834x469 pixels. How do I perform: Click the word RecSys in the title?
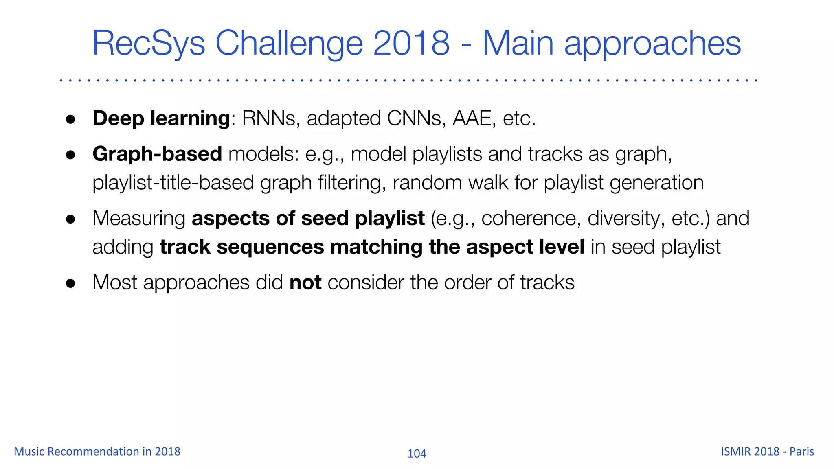[149, 44]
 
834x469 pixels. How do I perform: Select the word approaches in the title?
[652, 44]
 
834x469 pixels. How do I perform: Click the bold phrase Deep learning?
[161, 118]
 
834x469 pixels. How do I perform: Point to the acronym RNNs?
[268, 118]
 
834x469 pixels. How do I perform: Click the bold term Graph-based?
[157, 154]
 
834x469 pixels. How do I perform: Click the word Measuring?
[139, 218]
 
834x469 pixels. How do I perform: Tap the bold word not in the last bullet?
[305, 283]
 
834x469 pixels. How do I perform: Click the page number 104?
[417, 454]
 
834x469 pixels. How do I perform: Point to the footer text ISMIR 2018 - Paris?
[767, 451]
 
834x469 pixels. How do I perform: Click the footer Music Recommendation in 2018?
[97, 451]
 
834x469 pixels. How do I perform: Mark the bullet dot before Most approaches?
[71, 283]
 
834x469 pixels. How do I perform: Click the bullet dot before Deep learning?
[71, 119]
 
